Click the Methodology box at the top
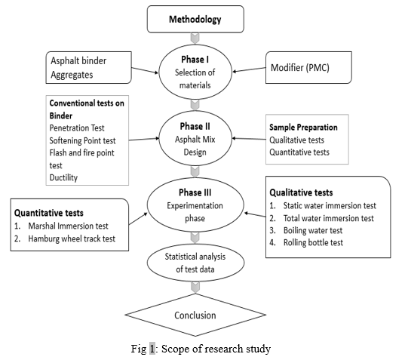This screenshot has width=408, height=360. [195, 20]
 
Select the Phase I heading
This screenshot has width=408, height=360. [195, 60]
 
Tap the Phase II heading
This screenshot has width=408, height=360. [195, 126]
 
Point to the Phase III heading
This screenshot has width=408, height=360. [195, 192]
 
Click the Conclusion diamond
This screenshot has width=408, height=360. [195, 315]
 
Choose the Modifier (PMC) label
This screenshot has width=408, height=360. [300, 68]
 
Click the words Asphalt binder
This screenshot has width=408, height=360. [78, 60]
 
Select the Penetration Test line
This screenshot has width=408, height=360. [77, 128]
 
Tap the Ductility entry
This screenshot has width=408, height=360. [63, 177]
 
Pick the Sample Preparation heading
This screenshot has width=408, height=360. [303, 128]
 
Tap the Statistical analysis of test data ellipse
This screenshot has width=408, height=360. [195, 263]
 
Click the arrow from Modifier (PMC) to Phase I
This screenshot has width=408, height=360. [249, 69]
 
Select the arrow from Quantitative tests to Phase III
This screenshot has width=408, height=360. [138, 219]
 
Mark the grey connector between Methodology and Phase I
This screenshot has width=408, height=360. [195, 38]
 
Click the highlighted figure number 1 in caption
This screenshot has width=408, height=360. [152, 349]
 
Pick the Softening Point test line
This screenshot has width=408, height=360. [82, 140]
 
